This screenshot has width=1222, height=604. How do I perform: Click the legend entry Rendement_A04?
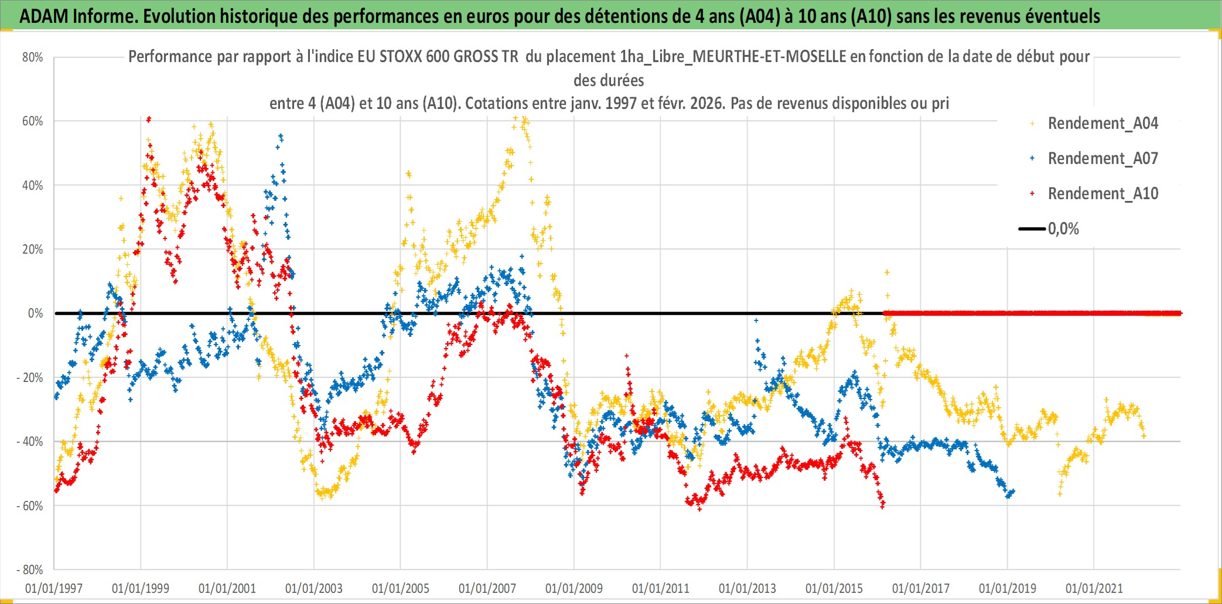1102,124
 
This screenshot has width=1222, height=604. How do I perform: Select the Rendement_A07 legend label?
1102,159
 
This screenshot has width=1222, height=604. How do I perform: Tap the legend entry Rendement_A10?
1102,194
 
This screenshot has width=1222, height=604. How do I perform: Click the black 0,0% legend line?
1032,229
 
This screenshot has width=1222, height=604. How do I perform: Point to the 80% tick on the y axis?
33,57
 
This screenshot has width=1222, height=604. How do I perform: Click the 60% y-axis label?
33,121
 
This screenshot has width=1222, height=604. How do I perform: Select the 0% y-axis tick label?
35,313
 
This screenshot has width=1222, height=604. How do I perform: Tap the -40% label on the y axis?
30,442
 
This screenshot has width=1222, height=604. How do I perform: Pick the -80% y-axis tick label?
30,570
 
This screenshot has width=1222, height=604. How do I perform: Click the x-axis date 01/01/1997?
54,588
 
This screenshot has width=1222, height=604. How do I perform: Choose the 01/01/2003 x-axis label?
314,588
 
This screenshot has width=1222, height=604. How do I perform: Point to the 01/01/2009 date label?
574,588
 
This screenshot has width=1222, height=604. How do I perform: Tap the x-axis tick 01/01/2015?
834,588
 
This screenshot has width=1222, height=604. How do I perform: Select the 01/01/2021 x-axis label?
1094,588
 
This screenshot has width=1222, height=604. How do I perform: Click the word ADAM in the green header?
44,16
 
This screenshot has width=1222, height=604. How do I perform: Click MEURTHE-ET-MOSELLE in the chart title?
769,57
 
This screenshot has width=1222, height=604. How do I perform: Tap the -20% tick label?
30,378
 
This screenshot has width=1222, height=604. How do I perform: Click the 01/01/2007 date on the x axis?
487,588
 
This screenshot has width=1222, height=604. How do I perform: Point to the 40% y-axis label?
33,186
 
